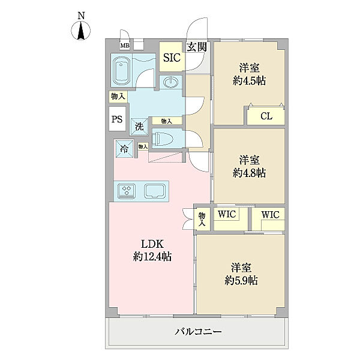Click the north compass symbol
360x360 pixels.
pos(81,31)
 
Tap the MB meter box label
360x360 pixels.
pos(125,46)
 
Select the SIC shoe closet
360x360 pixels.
pos(172,57)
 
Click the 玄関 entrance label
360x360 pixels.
pos(197,47)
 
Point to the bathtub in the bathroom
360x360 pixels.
pos(121,71)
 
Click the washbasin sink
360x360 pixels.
pos(170,82)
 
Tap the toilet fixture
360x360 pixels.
pos(161,138)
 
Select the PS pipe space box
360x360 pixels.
pos(117,119)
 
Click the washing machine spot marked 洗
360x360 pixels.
pos(139,127)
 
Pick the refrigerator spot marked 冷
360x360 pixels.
pos(124,149)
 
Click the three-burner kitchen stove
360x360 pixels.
pos(127,191)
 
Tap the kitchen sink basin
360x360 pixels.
pos(155,191)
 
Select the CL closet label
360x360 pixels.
pos(266,116)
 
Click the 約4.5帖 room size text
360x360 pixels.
pos(249,81)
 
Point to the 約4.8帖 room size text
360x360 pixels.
pos(249,173)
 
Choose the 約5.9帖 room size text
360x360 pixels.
pos(241,280)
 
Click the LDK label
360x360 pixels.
pos(152,244)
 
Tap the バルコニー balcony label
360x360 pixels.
pos(199,332)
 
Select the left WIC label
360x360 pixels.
pos(227,214)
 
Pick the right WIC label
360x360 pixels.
pos(270,215)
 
